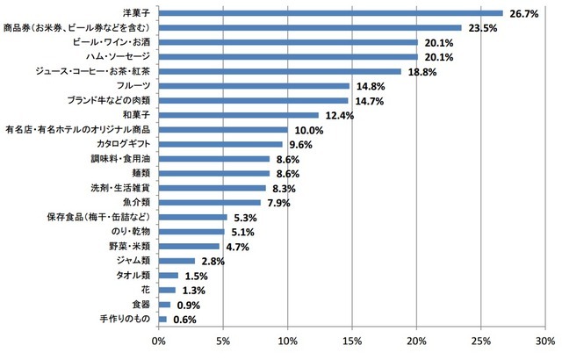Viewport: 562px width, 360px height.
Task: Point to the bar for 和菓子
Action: click(x=238, y=115)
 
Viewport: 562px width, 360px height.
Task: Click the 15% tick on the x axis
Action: click(x=352, y=340)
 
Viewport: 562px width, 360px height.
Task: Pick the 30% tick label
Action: click(x=545, y=340)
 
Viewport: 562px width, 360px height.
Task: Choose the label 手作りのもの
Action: click(x=126, y=319)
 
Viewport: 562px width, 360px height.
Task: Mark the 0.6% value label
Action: click(x=184, y=320)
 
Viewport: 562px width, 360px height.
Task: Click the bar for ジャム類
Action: click(x=177, y=261)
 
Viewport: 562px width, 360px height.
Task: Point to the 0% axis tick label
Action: click(x=159, y=340)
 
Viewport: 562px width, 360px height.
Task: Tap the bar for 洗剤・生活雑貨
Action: click(x=212, y=188)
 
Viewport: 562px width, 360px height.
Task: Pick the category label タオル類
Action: click(x=134, y=275)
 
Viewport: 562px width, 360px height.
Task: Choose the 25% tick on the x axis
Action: click(x=481, y=340)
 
